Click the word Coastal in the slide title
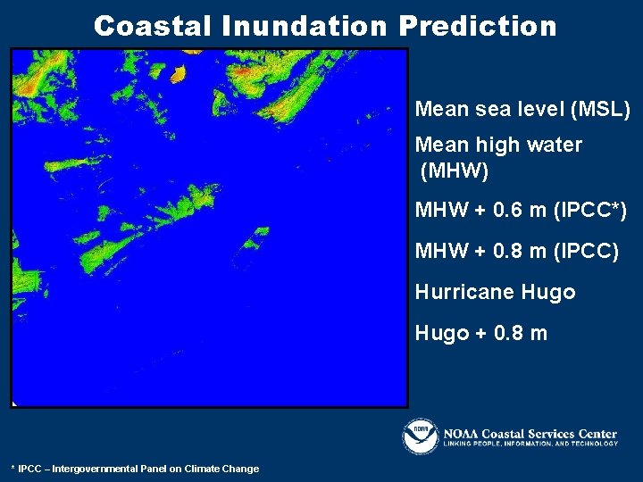153,26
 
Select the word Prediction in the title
478,26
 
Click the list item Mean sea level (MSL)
522,110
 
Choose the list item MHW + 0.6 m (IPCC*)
521,211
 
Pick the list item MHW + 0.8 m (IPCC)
516,252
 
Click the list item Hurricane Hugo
495,292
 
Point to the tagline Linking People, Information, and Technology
528,444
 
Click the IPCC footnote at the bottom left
135,469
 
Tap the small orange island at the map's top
178,72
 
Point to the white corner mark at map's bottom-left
15,403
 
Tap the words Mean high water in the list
498,145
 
